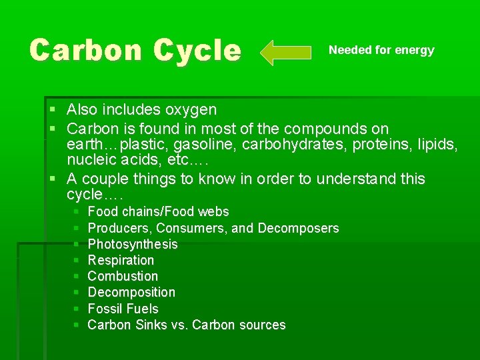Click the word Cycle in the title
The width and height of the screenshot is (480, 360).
pos(197,51)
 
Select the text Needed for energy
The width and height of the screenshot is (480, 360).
pos(381,50)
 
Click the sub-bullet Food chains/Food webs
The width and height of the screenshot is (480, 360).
pos(158,212)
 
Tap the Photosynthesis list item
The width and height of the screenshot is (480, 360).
pos(133,244)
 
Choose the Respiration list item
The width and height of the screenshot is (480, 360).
pos(121,260)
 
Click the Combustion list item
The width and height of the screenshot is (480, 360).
pos(123,276)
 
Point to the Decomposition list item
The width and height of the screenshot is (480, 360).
pos(131,292)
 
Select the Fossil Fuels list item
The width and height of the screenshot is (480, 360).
pos(123,309)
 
